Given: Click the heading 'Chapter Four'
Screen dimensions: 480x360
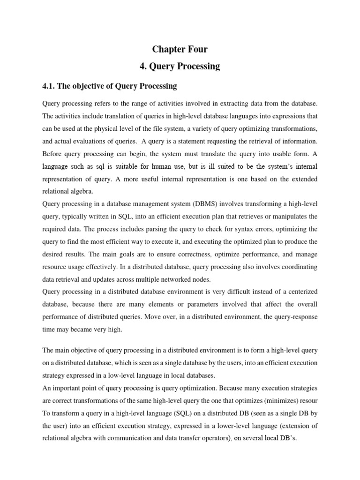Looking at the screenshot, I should [x=180, y=50].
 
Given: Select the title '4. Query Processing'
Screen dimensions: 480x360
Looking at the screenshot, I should [x=180, y=66].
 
